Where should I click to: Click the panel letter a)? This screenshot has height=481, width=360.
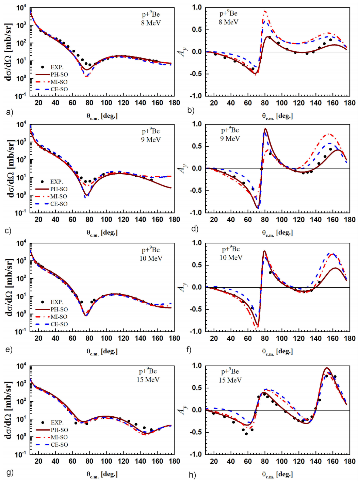(9, 112)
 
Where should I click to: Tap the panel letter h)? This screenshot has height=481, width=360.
(192, 475)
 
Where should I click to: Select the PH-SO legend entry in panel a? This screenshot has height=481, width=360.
(59, 75)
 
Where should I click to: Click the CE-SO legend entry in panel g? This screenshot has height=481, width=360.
(59, 445)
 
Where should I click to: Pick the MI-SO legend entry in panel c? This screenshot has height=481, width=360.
(59, 196)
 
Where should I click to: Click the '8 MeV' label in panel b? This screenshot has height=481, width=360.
(228, 22)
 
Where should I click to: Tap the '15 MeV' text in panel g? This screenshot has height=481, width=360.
(148, 380)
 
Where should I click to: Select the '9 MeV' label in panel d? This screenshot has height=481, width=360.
(230, 139)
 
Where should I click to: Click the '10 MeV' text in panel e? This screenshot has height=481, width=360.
(151, 258)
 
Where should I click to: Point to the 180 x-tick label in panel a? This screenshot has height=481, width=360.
(174, 103)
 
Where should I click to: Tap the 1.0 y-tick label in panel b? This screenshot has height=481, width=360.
(197, 7)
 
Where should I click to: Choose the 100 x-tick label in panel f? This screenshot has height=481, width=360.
(281, 338)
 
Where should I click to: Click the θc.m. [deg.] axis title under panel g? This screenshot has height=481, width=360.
(102, 474)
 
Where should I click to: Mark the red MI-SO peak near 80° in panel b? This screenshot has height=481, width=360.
(264, 11)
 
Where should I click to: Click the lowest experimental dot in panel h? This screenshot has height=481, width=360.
(246, 434)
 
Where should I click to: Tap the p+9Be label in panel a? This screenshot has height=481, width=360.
(151, 14)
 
